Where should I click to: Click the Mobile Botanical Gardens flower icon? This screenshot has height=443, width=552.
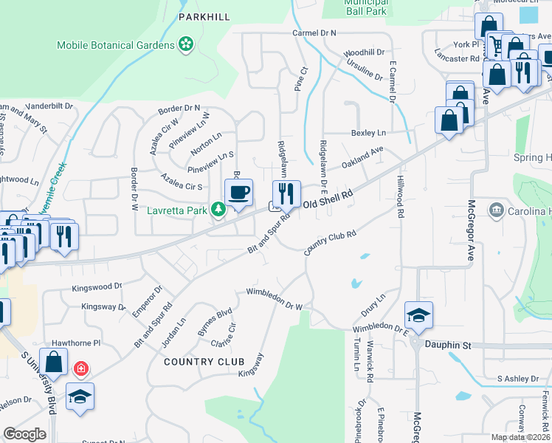(x=186, y=45)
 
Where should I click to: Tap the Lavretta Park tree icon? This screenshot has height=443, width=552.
(x=218, y=210)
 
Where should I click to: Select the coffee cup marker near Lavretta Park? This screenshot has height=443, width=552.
(x=238, y=193)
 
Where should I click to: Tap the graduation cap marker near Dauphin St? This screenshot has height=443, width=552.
(x=418, y=315)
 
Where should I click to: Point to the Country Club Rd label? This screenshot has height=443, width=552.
(x=331, y=242)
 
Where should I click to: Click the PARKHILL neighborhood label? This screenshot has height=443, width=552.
(x=204, y=16)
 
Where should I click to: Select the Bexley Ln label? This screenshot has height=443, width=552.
(x=368, y=133)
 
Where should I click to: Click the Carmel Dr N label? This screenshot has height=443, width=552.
(x=314, y=33)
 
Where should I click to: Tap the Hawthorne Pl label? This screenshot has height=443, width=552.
(x=75, y=343)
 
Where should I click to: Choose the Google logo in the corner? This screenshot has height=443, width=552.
(x=24, y=433)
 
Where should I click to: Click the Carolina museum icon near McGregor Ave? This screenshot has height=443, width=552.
(x=496, y=211)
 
